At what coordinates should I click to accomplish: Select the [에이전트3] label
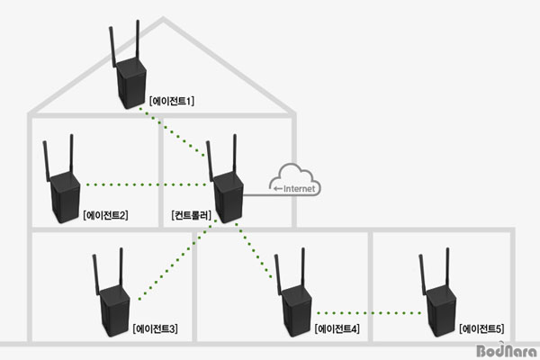[x=155, y=328]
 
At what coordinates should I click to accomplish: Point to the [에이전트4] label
[x=337, y=328]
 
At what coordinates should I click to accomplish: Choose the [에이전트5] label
[x=483, y=328]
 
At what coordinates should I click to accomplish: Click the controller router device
[x=228, y=188]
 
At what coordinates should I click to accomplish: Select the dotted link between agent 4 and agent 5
[x=369, y=313]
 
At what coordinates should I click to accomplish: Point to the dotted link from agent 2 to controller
[x=144, y=185]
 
